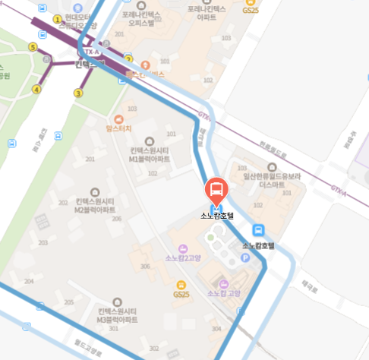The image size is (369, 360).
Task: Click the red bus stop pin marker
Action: pyautogui.click(x=216, y=190)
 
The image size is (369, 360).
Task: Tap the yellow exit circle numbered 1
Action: pyautogui.click(x=58, y=18)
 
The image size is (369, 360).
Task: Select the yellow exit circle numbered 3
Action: pyautogui.click(x=77, y=93)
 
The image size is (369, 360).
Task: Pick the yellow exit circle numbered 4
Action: pyautogui.click(x=36, y=90)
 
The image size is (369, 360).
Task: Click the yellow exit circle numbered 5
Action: pyautogui.click(x=32, y=47)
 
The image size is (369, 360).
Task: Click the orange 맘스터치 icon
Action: pyautogui.click(x=118, y=118)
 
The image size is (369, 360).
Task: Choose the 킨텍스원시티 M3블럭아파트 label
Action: pyautogui.click(x=117, y=315)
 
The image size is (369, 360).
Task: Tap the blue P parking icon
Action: pyautogui.click(x=244, y=258)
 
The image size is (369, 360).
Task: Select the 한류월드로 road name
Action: pyautogui.click(x=273, y=153)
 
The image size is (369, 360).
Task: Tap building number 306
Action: pyautogui.click(x=145, y=266)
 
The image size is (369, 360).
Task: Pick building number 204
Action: pyautogui.click(x=29, y=281)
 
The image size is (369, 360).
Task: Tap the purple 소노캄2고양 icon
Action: pyautogui.click(x=181, y=249)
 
